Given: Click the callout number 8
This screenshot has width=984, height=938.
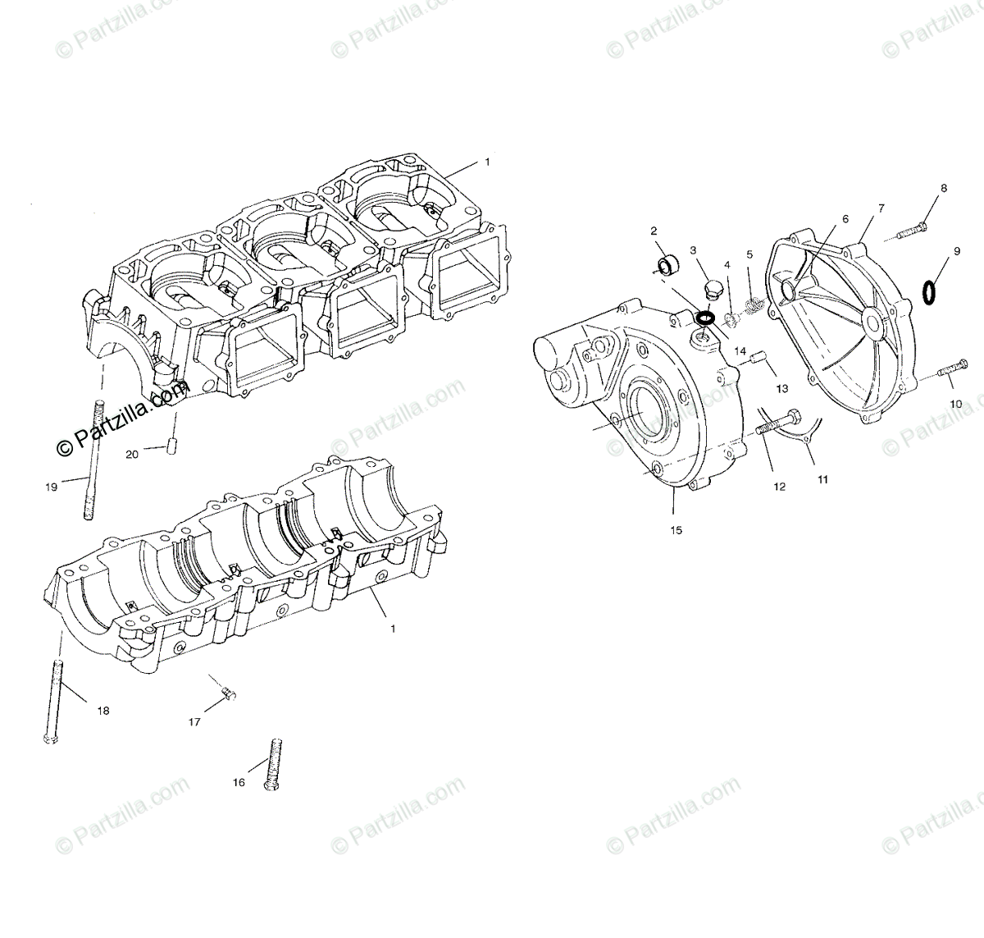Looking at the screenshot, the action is [944, 188].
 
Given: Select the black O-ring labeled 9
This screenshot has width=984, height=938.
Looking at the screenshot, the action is [930, 291].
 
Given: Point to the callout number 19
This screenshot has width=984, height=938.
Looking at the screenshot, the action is [51, 487].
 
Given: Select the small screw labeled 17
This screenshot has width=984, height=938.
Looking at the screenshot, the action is [229, 695].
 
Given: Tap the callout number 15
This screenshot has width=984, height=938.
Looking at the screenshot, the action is [676, 530].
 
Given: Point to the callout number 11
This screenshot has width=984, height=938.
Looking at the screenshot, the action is [822, 479].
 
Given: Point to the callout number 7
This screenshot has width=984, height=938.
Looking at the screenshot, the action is [881, 208].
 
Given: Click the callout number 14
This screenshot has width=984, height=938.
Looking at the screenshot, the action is [740, 350].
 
